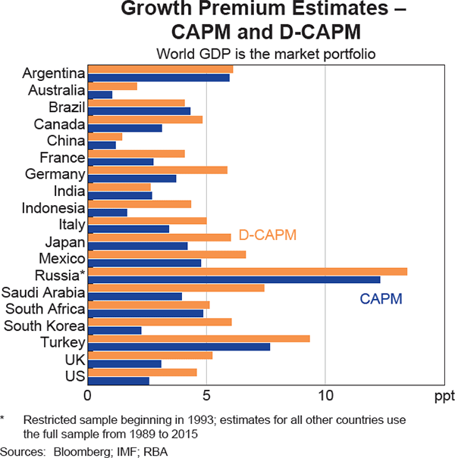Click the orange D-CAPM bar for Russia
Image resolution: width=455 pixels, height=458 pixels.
(x=247, y=272)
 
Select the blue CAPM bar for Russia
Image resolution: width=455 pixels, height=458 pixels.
(x=234, y=280)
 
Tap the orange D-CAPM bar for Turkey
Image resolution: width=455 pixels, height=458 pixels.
(x=199, y=338)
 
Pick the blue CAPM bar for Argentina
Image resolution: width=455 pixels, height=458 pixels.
(x=158, y=77)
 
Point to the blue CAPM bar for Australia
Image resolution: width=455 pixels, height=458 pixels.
(x=100, y=95)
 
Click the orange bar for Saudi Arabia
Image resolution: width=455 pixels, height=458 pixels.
(x=176, y=288)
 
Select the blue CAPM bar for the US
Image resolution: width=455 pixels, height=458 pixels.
(x=118, y=380)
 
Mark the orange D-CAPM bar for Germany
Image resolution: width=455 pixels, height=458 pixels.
(x=158, y=170)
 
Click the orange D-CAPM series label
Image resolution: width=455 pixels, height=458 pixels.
(x=267, y=235)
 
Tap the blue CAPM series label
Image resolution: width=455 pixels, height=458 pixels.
(x=381, y=299)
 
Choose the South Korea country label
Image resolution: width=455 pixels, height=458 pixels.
(x=44, y=326)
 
